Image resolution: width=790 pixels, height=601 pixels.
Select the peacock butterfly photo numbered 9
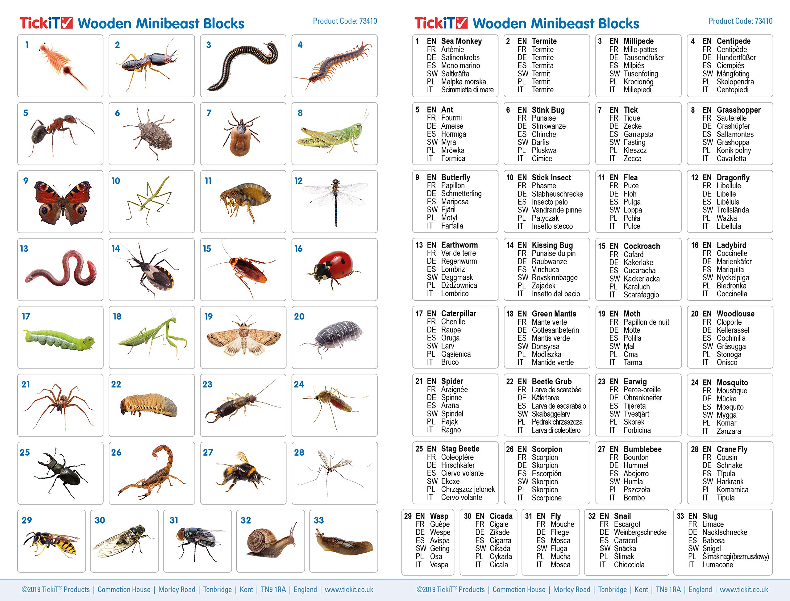click(x=62, y=202)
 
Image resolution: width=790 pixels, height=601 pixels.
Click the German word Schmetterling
click(x=461, y=194)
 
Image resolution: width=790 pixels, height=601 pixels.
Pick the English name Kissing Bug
click(x=552, y=245)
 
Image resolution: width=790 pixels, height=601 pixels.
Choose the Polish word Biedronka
click(x=731, y=286)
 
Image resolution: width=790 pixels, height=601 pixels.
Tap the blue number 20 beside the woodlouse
click(x=299, y=317)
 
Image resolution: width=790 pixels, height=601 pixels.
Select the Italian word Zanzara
click(x=728, y=431)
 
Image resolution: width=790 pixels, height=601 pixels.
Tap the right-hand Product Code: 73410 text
click(x=740, y=21)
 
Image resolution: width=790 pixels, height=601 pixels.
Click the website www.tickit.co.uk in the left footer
click(x=349, y=590)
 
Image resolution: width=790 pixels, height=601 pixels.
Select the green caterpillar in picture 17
click(x=59, y=340)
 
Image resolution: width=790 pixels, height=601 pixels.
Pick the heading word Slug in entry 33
click(x=709, y=516)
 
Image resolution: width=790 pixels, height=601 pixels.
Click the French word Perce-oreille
click(x=642, y=390)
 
